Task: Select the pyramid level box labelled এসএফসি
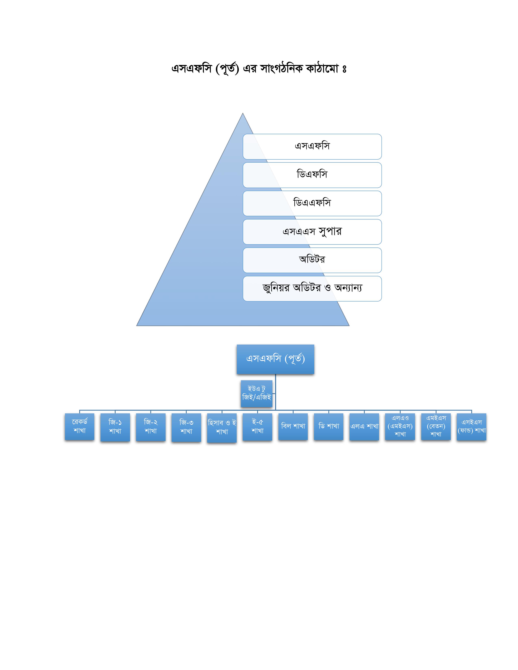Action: (312, 147)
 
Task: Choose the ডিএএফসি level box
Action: (312, 203)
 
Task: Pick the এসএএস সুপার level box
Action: (312, 232)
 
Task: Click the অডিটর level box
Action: (312, 260)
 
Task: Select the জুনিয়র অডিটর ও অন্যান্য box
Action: (312, 288)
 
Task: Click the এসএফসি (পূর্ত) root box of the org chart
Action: (275, 359)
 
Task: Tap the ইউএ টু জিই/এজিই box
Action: (257, 394)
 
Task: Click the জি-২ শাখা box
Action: (151, 427)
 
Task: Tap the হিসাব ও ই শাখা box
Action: (222, 428)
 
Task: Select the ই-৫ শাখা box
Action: (257, 427)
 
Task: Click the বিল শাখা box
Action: (293, 426)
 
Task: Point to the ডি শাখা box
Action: (329, 426)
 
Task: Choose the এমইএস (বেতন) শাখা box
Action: (436, 426)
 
